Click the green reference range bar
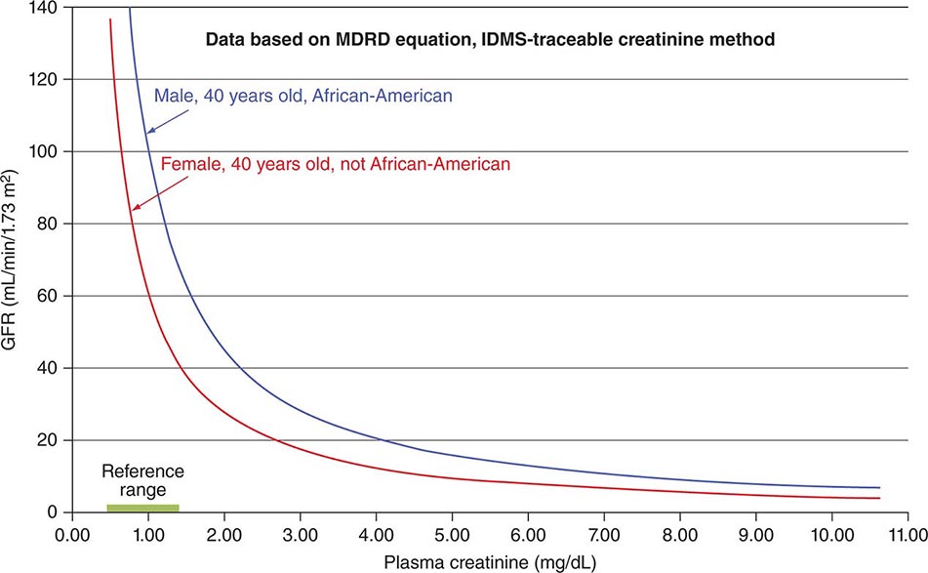[x=142, y=508]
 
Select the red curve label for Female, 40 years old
[x=336, y=165]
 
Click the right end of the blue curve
[x=879, y=487]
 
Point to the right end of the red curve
[x=879, y=498]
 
